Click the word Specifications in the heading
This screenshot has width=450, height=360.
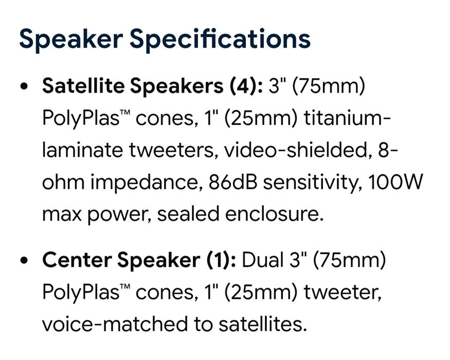click(x=220, y=39)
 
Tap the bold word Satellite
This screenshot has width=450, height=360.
click(x=83, y=85)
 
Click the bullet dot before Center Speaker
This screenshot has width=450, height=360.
click(x=24, y=260)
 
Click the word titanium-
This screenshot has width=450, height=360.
click(x=347, y=118)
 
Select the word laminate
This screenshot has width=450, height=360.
click(x=82, y=150)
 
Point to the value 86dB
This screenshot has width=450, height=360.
click(x=233, y=182)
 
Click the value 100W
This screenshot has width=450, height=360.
click(x=395, y=182)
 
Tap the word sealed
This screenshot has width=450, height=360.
click(x=188, y=214)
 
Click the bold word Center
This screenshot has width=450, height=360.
click(x=77, y=260)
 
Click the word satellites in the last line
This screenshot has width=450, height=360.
click(x=261, y=324)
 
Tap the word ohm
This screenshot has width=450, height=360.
click(x=63, y=182)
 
